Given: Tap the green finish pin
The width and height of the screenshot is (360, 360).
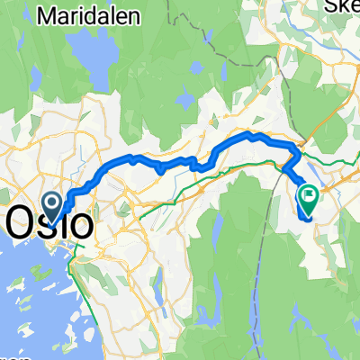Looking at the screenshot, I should point(310,197).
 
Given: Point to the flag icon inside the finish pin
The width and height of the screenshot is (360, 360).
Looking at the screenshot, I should point(310,192).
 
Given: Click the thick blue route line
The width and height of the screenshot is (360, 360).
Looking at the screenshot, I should point(180,162).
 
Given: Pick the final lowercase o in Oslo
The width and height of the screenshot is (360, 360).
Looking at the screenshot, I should point(81,226).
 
